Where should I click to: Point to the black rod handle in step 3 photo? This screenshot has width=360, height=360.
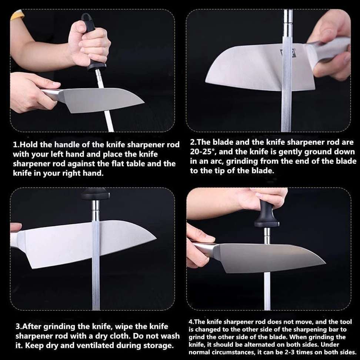pyautogui.click(x=96, y=193)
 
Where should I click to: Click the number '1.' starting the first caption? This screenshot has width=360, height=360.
pyautogui.click(x=16, y=144)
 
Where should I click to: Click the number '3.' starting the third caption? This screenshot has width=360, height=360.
pyautogui.click(x=19, y=327)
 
